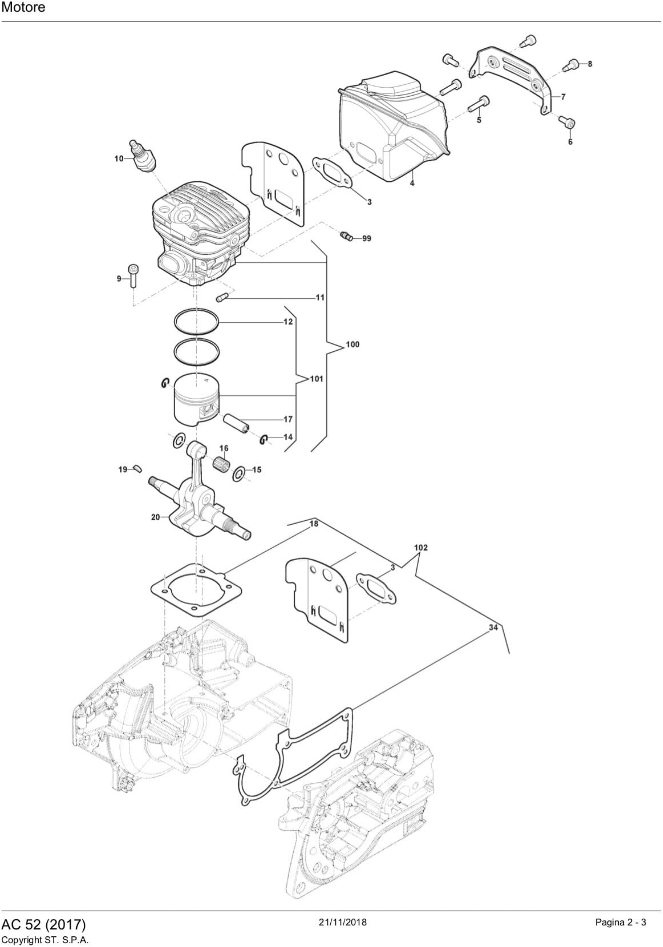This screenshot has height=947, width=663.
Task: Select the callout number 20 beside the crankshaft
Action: click(155, 517)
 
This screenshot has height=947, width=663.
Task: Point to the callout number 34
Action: click(493, 627)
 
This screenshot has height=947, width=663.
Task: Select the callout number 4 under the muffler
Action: click(412, 183)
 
